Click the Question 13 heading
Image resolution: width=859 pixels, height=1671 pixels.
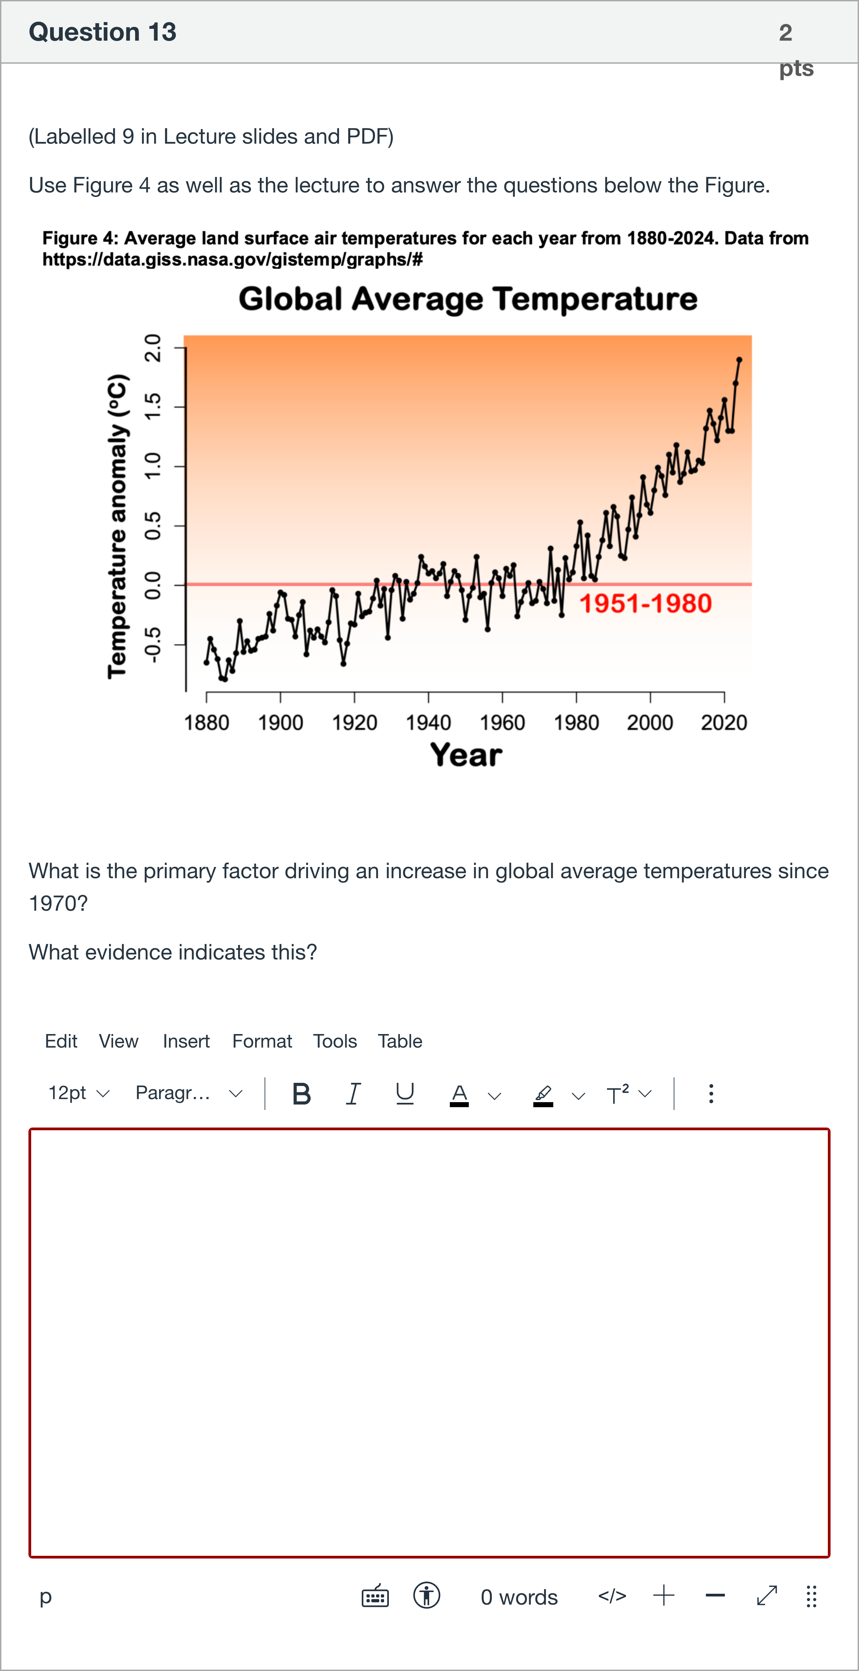coord(102,32)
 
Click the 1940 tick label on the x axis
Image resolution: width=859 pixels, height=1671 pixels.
coord(428,723)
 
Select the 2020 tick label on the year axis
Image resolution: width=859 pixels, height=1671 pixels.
coord(724,723)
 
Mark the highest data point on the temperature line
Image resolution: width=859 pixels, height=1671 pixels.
coord(739,359)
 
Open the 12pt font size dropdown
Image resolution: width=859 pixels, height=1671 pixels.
coord(79,1094)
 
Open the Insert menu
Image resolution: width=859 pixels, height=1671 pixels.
coord(186,1041)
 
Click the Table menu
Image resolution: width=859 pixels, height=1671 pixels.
coord(400,1041)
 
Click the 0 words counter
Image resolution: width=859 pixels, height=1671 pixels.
coord(519,1597)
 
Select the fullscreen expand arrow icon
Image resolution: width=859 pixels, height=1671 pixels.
coord(767,1596)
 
